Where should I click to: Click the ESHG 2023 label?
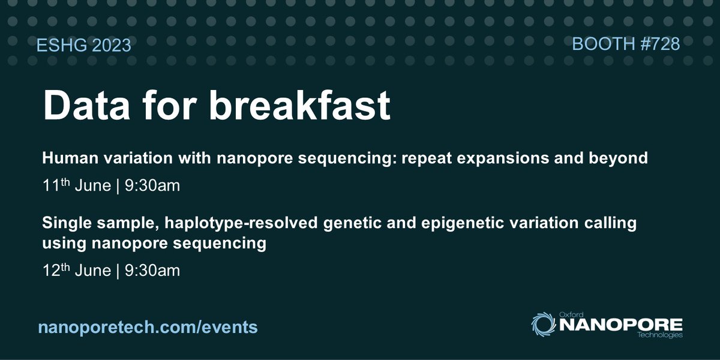click(x=85, y=46)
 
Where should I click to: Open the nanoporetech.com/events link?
click(x=148, y=326)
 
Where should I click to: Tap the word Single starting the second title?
click(x=63, y=224)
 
